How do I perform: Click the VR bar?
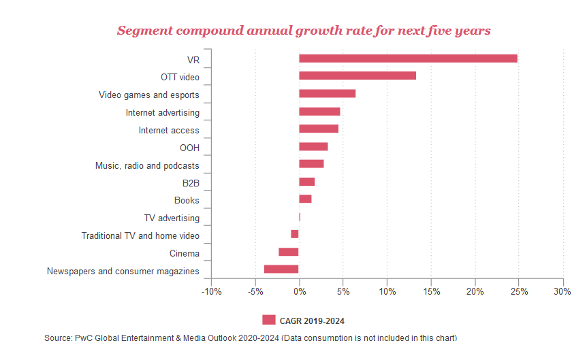(x=408, y=59)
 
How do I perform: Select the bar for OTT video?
(x=358, y=76)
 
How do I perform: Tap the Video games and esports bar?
(x=327, y=93)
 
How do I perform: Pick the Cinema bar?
(x=289, y=252)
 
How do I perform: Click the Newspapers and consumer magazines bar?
(x=281, y=269)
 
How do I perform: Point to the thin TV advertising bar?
(x=300, y=216)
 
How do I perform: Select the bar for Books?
(x=305, y=199)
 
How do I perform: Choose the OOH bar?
(x=313, y=146)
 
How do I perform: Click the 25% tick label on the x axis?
(x=519, y=291)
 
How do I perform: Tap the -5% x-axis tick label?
(x=255, y=291)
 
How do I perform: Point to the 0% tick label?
(x=300, y=291)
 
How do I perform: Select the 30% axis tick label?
(x=562, y=291)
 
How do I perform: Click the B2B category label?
(x=191, y=183)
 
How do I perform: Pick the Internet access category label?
(x=169, y=130)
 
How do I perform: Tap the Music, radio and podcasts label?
(x=147, y=166)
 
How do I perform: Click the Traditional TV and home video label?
(x=140, y=235)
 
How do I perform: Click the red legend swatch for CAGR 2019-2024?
(x=269, y=320)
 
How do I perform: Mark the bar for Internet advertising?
(x=319, y=112)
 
